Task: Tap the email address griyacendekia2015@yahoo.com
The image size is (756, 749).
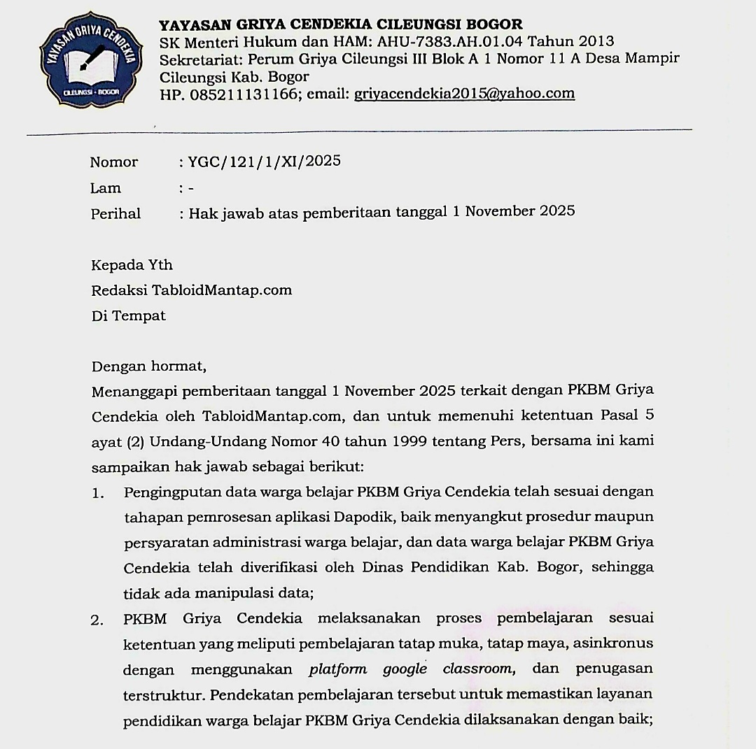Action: [x=464, y=94]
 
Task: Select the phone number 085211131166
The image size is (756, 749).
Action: [x=239, y=94]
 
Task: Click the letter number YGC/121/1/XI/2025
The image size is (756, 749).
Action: [x=264, y=162]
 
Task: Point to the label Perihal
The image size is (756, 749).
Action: [x=115, y=214]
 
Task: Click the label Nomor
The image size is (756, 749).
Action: [x=114, y=162]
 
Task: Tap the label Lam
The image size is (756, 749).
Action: [x=106, y=188]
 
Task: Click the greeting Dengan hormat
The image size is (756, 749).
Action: [x=148, y=366]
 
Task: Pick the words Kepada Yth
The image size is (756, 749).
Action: [x=132, y=265]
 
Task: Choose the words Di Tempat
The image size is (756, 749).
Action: [x=129, y=315]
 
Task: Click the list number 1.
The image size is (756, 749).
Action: [x=98, y=493]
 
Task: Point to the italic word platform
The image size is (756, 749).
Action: [x=337, y=669]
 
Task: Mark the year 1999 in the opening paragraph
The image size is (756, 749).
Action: [x=391, y=441]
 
